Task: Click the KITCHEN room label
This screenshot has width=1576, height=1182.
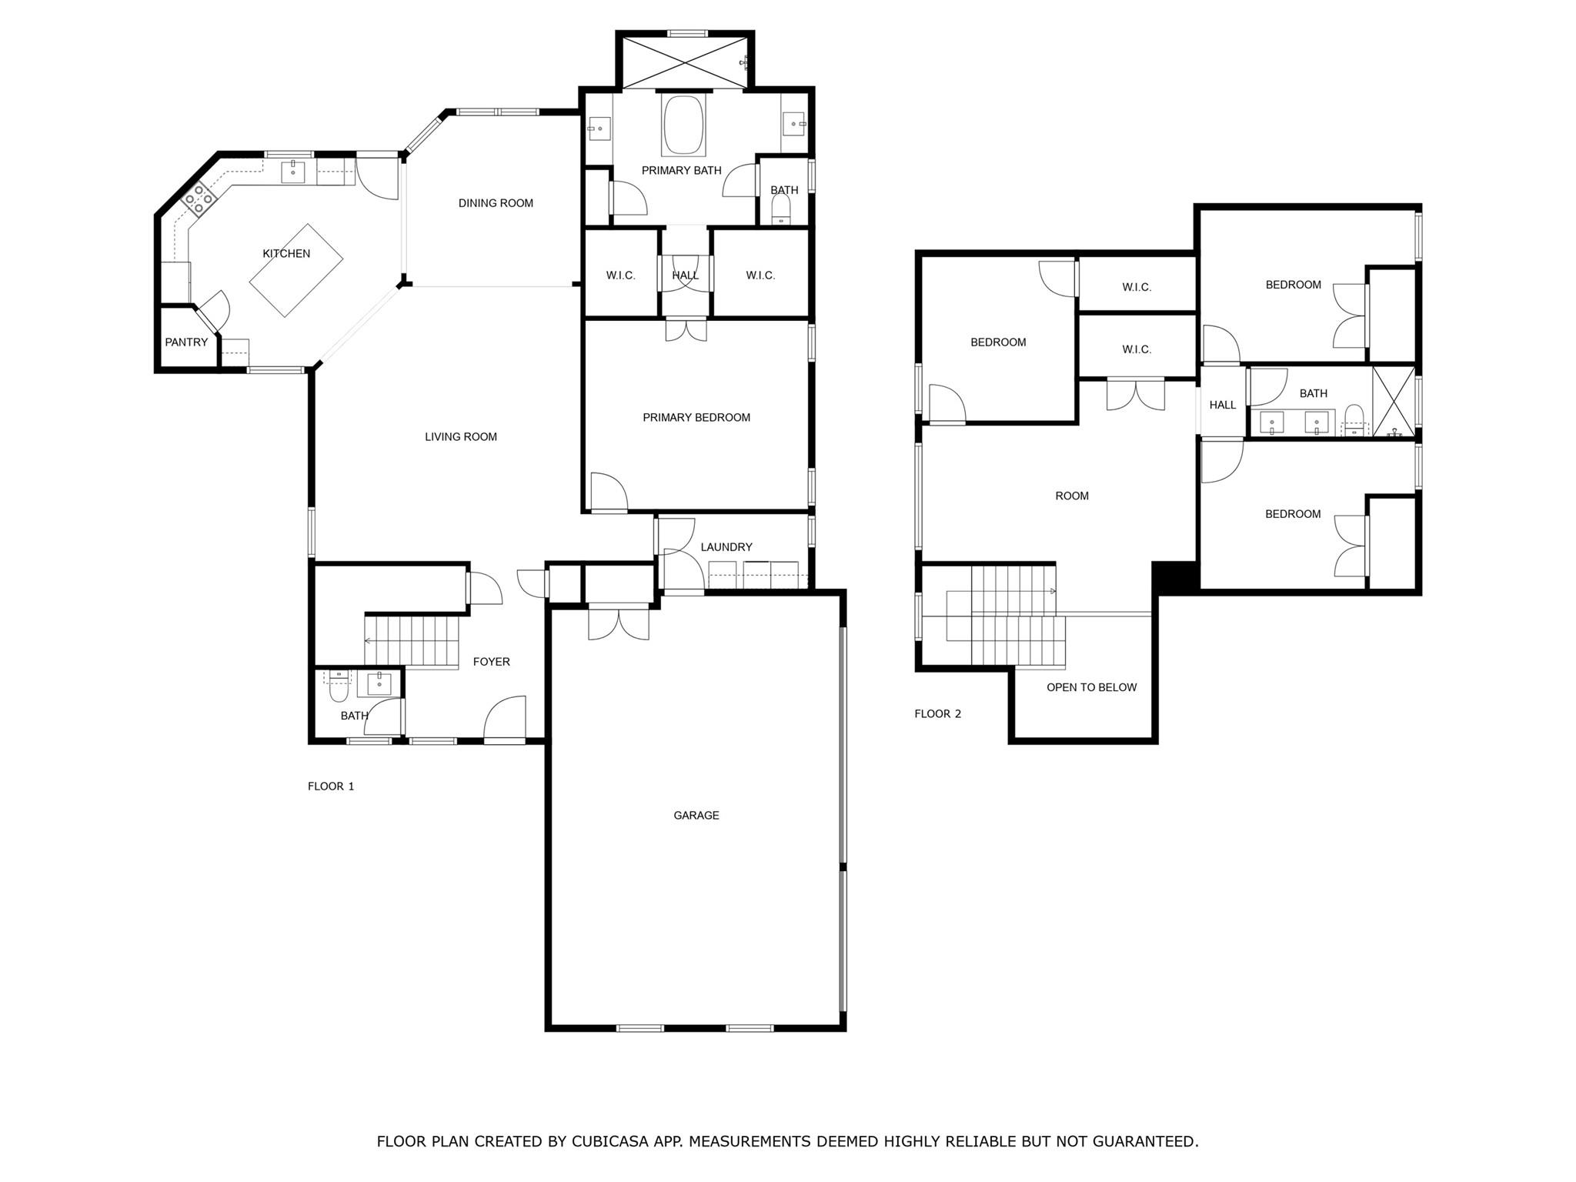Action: point(286,254)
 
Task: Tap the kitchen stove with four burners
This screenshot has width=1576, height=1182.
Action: point(198,198)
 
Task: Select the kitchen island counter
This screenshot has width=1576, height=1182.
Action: point(295,270)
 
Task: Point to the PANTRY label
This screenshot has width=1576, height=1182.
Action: point(186,342)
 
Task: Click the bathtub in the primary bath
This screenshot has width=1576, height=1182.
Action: point(683,125)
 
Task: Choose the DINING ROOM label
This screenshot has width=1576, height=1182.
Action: point(496,203)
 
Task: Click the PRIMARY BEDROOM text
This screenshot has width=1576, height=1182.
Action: point(696,418)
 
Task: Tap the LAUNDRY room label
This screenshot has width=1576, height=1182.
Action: point(726,547)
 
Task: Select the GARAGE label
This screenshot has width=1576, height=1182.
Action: point(696,815)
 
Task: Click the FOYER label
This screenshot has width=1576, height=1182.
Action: point(491,662)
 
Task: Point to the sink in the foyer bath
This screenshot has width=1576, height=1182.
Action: point(379,683)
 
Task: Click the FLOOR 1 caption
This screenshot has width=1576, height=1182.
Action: point(331,786)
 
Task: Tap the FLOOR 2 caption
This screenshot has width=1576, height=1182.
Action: point(937,714)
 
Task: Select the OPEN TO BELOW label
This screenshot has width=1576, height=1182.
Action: point(1090,688)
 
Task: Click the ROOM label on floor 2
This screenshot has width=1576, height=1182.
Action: point(1071,496)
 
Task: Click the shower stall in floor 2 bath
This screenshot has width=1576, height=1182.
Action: point(1394,402)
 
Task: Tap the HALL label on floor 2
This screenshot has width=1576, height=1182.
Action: point(1222,406)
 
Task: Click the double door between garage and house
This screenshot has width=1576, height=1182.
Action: point(619,622)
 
